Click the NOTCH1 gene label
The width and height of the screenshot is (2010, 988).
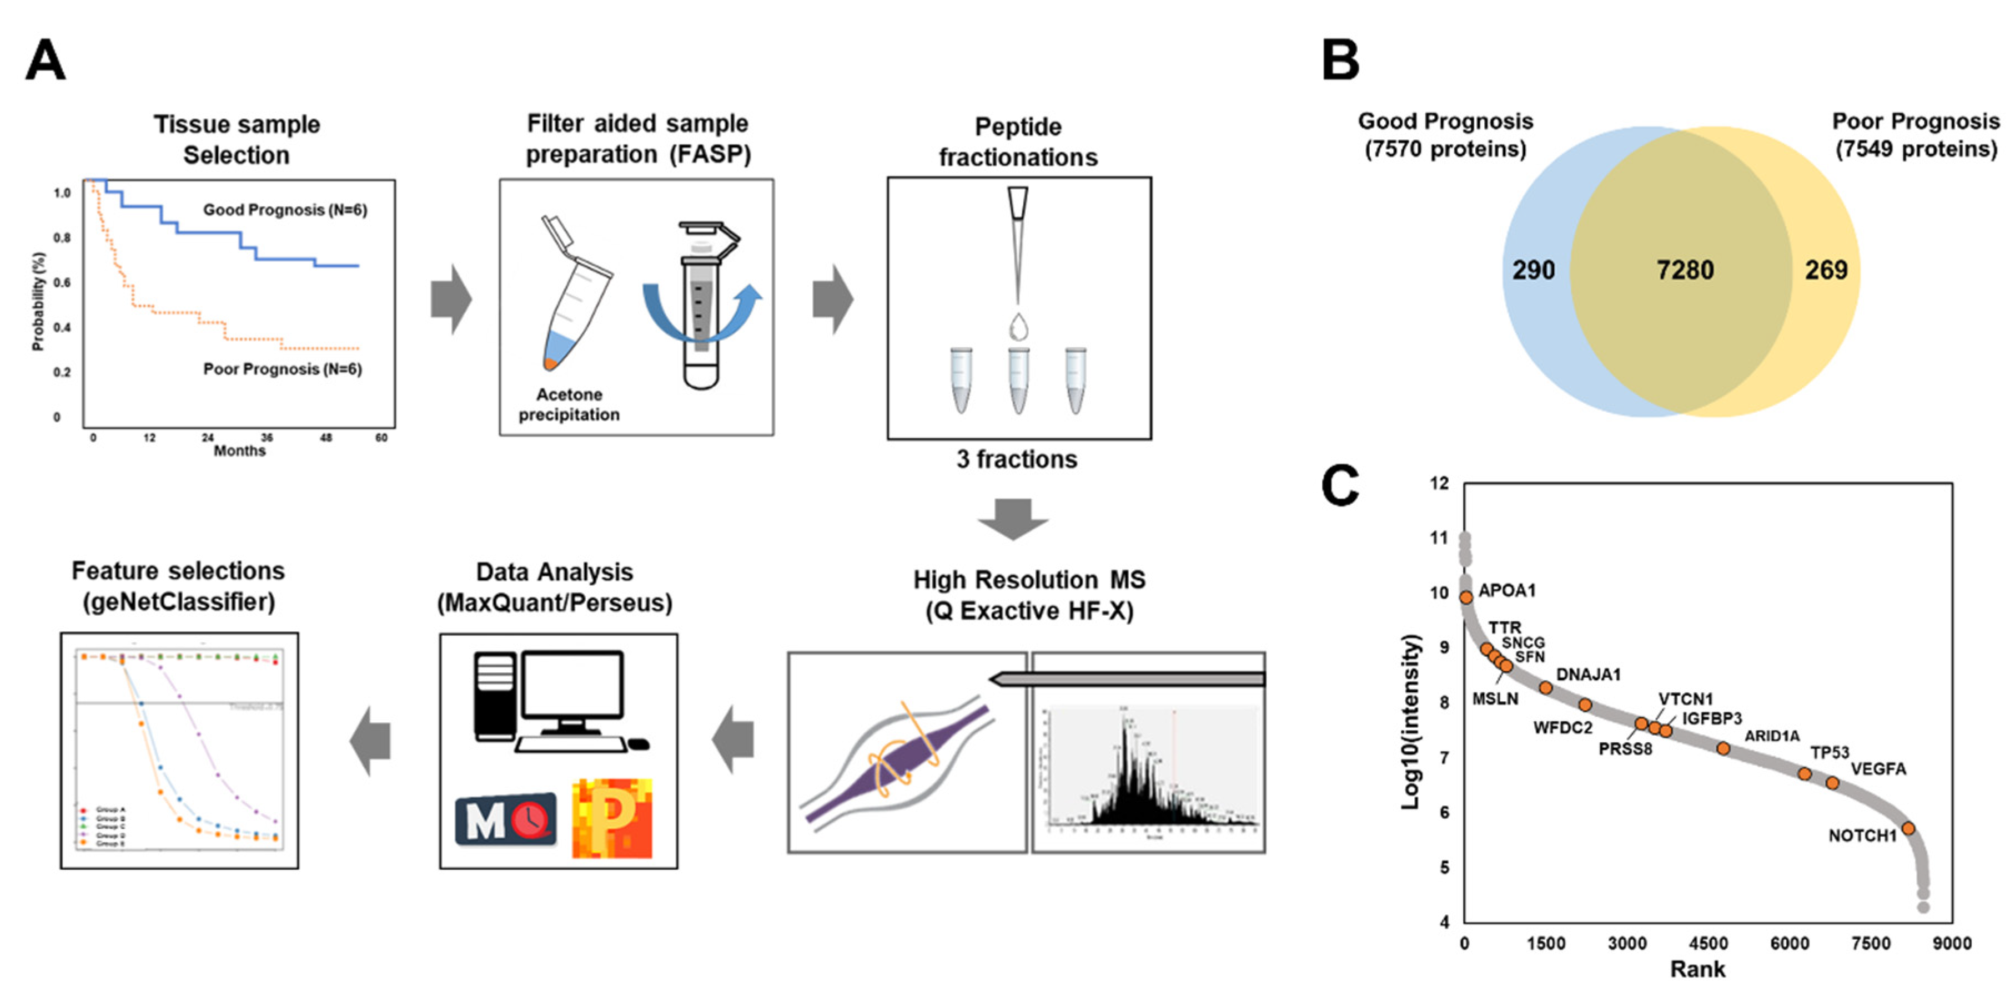1862,836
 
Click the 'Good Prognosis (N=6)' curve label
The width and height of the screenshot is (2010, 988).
285,210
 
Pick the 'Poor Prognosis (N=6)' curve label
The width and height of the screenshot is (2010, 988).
283,369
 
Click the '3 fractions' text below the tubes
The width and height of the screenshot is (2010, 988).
1017,459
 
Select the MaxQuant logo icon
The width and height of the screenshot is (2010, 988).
506,819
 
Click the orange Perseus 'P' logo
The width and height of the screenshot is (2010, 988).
612,818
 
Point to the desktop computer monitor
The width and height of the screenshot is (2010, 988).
572,686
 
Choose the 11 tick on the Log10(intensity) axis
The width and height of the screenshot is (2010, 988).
1439,538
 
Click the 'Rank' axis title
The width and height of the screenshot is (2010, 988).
1697,969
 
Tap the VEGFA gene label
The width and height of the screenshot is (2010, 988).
1878,769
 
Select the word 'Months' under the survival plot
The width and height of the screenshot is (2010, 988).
239,450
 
